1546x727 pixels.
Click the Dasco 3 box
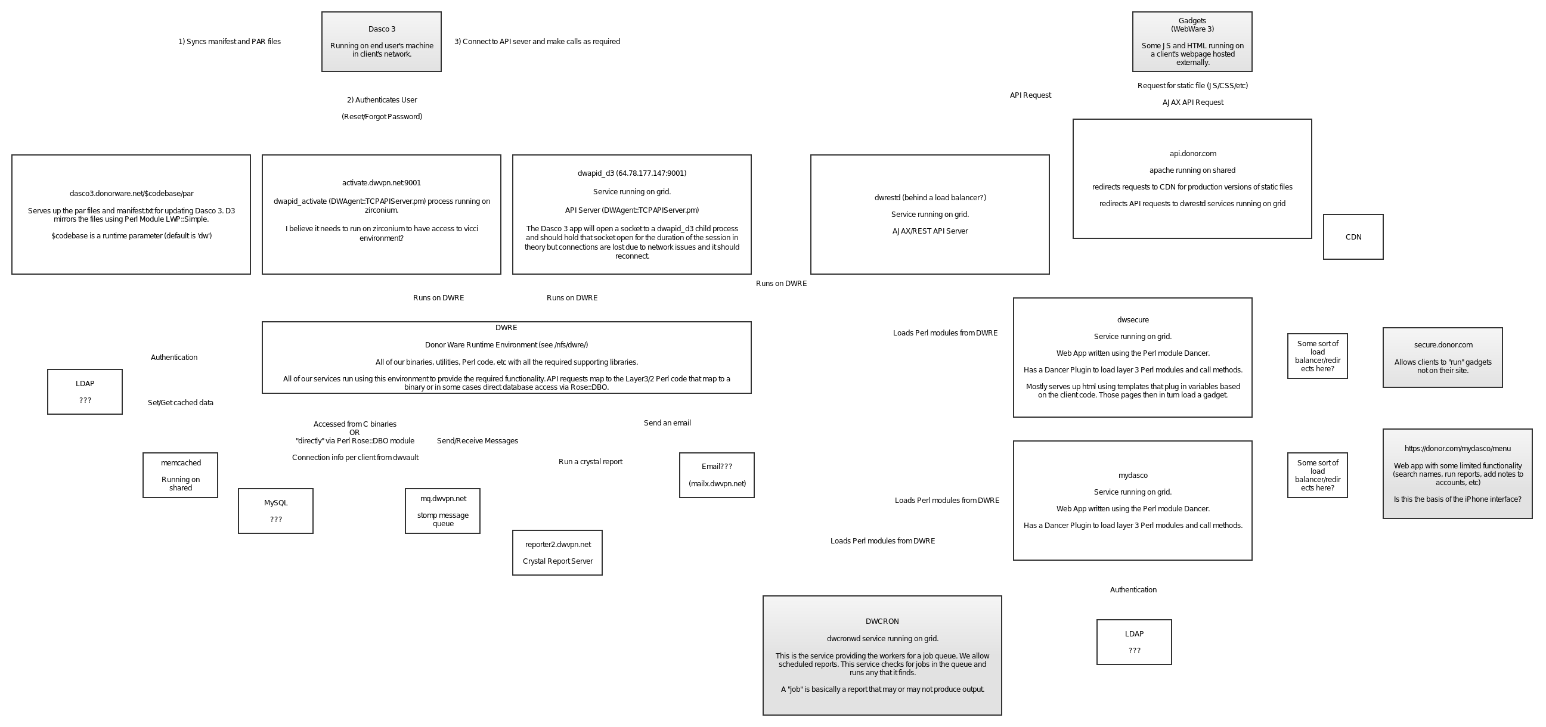pos(381,41)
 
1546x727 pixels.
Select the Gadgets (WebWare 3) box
pos(1192,41)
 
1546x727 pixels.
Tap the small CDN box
pos(1353,237)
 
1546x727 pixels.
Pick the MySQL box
pos(275,511)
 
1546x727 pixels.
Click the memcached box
pos(180,475)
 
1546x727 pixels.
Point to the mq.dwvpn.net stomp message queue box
pos(442,511)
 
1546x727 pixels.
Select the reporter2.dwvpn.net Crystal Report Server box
pos(557,552)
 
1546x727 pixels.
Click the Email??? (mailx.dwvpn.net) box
pos(717,475)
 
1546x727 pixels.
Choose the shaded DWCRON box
pos(882,655)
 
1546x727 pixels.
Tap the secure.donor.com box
pos(1442,358)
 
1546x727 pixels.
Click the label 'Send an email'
pos(667,423)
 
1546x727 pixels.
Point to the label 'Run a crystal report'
pos(590,462)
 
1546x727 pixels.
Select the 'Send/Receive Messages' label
pos(477,441)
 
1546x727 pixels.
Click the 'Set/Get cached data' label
pos(180,403)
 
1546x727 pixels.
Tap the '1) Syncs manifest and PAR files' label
pos(230,42)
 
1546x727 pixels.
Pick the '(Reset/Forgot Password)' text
pos(382,116)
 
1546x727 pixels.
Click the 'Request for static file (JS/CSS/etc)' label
pos(1192,86)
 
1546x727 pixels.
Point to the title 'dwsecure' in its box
pos(1132,321)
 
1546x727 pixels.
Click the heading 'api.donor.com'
pos(1192,154)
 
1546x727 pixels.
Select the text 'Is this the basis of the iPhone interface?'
pos(1457,499)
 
